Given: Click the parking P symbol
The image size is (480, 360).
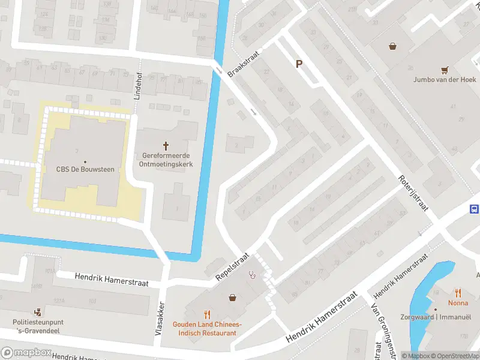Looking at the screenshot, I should (x=298, y=64).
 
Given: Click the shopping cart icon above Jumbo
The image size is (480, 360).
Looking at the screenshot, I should (x=445, y=70).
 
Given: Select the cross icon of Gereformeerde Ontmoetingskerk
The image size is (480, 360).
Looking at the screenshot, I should (x=166, y=146).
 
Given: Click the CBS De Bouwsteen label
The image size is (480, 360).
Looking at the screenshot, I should (x=85, y=170).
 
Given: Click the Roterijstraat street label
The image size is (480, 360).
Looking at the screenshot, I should (x=413, y=192).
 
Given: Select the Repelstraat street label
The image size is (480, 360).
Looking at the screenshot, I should (x=232, y=266).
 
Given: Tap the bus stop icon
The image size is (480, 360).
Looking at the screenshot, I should (x=474, y=209).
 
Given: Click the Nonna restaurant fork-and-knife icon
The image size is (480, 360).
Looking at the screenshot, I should (x=458, y=293).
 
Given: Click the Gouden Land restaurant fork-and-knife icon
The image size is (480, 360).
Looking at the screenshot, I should (x=208, y=314).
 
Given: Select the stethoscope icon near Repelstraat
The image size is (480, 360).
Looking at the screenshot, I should (x=253, y=275).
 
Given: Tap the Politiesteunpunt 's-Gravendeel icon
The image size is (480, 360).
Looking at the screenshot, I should (x=38, y=311).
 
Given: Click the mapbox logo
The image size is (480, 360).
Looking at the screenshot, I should (x=25, y=352).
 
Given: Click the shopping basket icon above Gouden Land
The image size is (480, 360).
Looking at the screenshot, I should (x=232, y=297).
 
